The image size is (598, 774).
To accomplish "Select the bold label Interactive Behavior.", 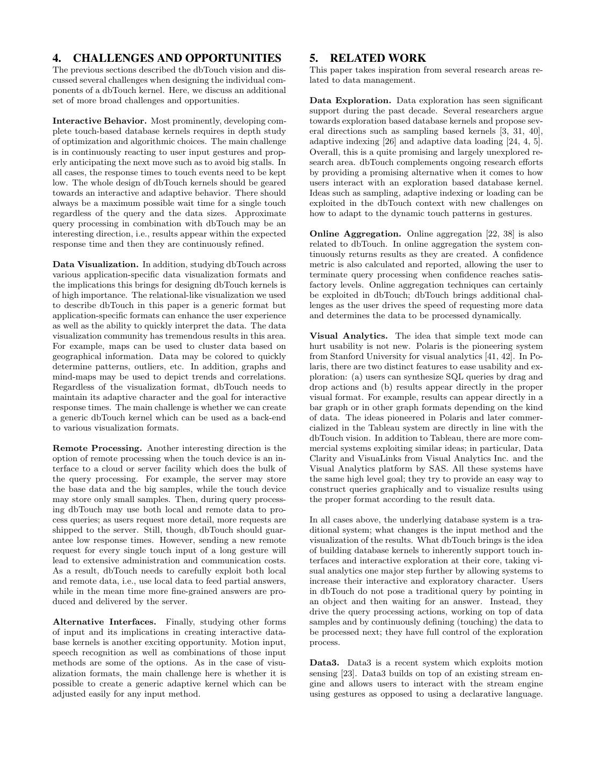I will pos(99,121).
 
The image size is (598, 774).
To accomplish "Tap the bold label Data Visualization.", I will pos(96,264).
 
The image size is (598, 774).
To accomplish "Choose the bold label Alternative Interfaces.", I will pos(104,622).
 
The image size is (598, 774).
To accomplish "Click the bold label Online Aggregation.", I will pos(355,234).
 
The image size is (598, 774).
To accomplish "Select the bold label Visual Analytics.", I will pos(349,336).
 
